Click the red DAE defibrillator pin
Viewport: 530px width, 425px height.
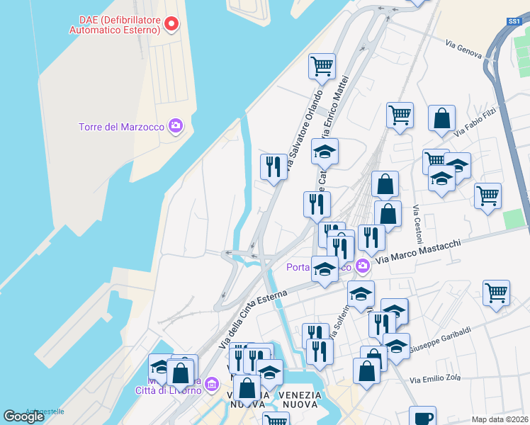(171, 25)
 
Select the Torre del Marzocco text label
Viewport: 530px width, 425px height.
(120, 127)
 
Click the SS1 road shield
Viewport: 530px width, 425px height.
(514, 22)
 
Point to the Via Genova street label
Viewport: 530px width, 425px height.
(464, 49)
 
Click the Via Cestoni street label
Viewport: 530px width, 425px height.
(417, 224)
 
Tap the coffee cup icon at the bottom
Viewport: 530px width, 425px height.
(422, 417)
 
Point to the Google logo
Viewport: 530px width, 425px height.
(23, 416)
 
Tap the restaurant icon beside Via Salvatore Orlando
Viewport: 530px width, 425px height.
(274, 167)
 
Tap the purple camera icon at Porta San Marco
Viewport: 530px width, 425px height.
(363, 267)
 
